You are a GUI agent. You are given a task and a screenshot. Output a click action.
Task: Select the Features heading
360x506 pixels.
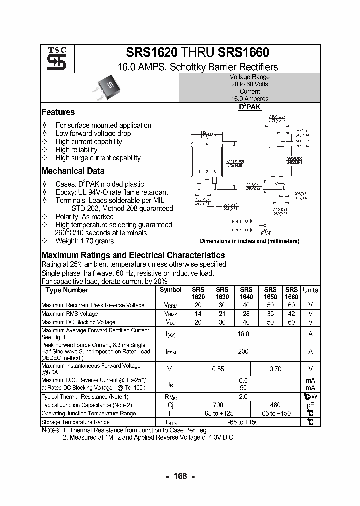point(58,112)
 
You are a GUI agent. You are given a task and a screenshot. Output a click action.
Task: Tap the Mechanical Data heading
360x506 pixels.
point(73,171)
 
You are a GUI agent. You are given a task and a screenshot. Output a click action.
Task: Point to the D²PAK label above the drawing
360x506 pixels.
point(249,107)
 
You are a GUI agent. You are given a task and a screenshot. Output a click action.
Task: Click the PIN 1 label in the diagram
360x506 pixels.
point(236,221)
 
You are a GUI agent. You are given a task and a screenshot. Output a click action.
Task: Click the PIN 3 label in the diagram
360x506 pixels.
point(236,230)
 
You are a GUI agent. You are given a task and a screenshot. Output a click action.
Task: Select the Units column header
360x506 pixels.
point(310,290)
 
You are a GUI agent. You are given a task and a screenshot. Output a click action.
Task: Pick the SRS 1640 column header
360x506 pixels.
point(246,293)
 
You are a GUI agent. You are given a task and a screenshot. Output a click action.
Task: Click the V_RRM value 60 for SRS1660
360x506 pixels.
point(291,305)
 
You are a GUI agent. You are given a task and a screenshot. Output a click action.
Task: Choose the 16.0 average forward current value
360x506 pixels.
point(243,334)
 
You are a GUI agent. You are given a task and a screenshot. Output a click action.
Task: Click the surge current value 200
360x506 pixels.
point(243,351)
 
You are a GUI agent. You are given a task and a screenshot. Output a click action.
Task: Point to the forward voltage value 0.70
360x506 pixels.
point(275,369)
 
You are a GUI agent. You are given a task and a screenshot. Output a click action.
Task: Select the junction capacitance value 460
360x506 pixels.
point(275,405)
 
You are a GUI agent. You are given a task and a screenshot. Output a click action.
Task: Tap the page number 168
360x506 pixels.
point(180,476)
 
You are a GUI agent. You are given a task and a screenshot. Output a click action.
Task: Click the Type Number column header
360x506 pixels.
point(67,290)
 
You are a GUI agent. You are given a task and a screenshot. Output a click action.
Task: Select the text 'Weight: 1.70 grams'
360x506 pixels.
point(84,241)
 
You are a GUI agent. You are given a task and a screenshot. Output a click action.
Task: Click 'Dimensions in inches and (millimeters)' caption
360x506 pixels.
point(249,241)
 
